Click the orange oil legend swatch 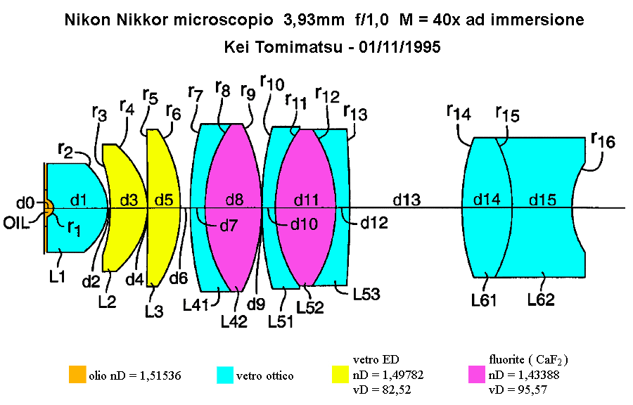pyautogui.click(x=77, y=374)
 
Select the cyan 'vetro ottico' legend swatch pyautogui.click(x=225, y=374)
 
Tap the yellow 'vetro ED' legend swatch pyautogui.click(x=340, y=374)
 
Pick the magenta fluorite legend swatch pyautogui.click(x=477, y=374)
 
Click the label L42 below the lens pyautogui.click(x=234, y=321)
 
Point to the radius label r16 pyautogui.click(x=603, y=140)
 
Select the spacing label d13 pyautogui.click(x=407, y=200)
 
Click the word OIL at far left pyautogui.click(x=17, y=223)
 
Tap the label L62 pyautogui.click(x=541, y=300)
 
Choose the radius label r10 pyautogui.click(x=272, y=82)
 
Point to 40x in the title pyautogui.click(x=446, y=20)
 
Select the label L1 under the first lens pyautogui.click(x=57, y=277)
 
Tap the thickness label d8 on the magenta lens pyautogui.click(x=234, y=200)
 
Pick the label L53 pyautogui.click(x=366, y=295)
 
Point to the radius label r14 pyautogui.click(x=459, y=112)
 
